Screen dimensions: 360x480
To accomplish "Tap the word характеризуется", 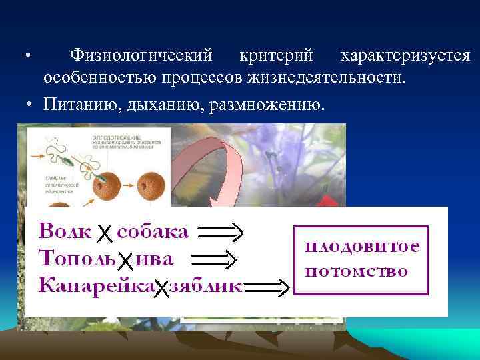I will pos(405,57).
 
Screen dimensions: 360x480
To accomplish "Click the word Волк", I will pos(65,231).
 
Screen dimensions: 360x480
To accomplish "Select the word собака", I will pos(153,231).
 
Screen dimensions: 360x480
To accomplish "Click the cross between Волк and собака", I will pos(104,233).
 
